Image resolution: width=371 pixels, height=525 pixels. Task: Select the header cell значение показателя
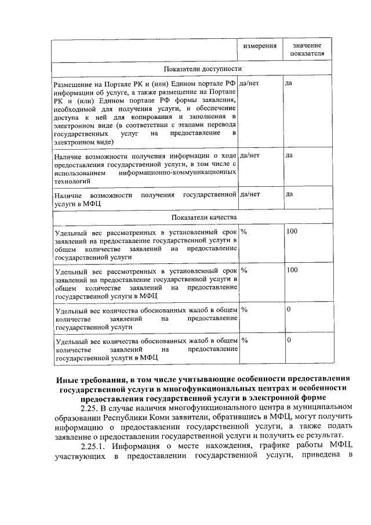click(x=307, y=49)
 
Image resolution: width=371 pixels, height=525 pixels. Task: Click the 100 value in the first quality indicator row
click(x=292, y=231)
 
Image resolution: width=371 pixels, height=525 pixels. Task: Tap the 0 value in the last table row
click(x=289, y=339)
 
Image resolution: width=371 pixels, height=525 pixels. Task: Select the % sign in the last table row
click(x=244, y=339)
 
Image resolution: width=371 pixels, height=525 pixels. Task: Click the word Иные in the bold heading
click(x=66, y=378)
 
